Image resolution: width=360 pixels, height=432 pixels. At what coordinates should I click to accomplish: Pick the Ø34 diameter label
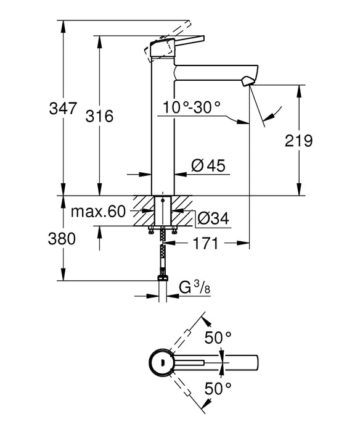tap(213, 217)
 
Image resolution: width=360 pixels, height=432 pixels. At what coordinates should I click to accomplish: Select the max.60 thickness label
tap(97, 212)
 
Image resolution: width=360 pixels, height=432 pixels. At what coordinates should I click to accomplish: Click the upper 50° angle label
tap(218, 337)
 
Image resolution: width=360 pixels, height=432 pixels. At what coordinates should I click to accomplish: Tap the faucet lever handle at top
tap(176, 43)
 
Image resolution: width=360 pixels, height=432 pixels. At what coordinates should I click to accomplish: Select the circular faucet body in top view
tap(163, 362)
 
